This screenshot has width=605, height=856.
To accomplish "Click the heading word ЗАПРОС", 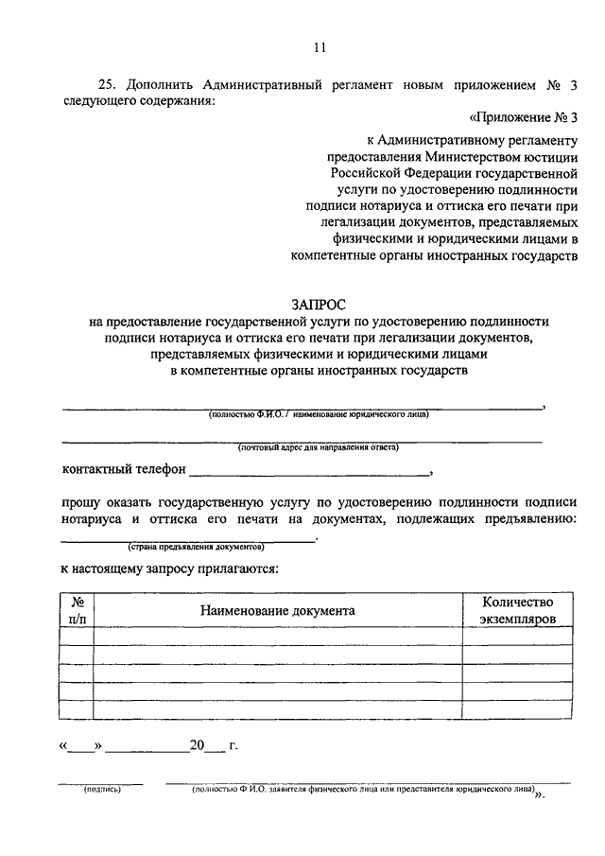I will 319,305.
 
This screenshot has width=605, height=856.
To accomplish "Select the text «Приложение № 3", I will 522,117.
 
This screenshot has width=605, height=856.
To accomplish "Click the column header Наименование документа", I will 277,610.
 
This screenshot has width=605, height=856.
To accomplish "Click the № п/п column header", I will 77,610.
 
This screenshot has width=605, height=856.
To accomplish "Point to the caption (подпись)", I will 102,789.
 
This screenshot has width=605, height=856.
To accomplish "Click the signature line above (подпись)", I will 102,782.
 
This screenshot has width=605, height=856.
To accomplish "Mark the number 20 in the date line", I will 197,745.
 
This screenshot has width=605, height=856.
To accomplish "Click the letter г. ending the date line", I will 233,745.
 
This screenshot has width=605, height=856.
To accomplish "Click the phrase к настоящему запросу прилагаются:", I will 168,570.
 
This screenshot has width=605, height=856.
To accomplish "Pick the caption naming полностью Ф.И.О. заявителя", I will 364,788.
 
